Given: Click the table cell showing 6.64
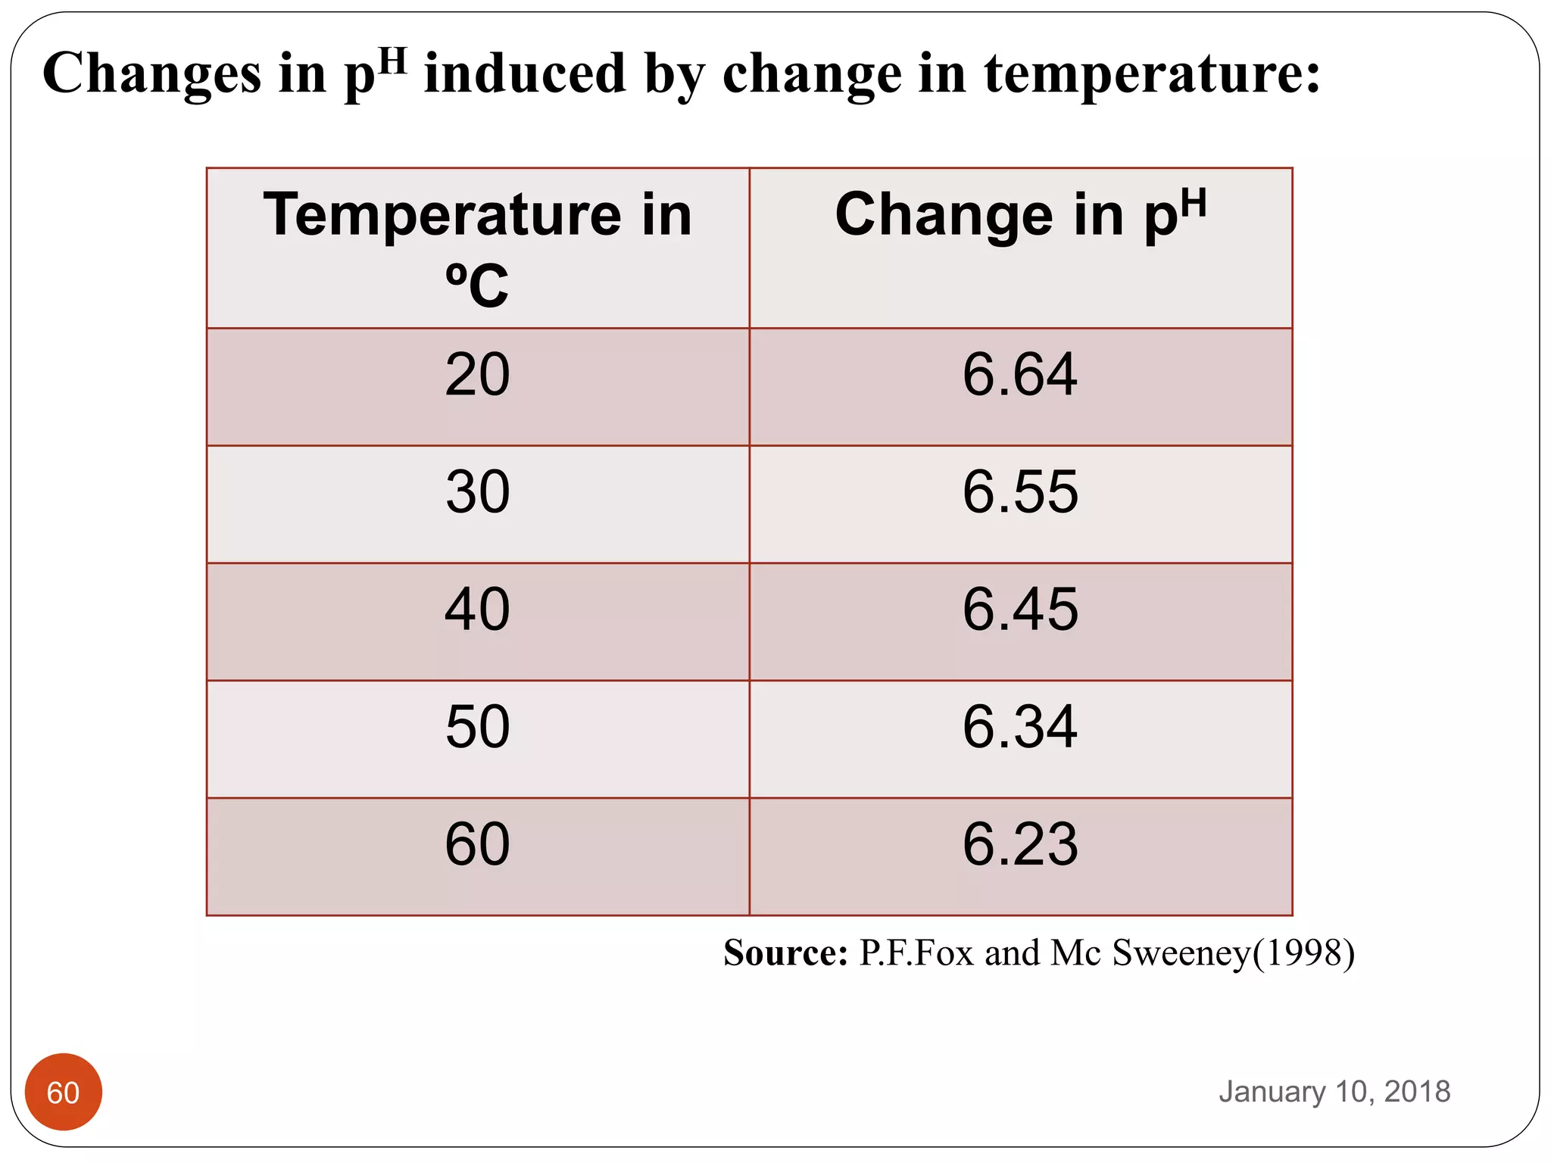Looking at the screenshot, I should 1019,375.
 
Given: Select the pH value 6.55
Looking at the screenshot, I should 1019,492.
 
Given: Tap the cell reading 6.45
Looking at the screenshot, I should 1019,610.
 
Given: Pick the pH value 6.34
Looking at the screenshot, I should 1019,727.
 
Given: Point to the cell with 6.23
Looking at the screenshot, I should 1019,844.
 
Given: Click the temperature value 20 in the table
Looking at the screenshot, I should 477,375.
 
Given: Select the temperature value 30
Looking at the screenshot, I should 477,492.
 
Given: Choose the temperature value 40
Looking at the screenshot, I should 477,610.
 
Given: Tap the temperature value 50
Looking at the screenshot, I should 477,727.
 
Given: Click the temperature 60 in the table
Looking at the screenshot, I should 477,844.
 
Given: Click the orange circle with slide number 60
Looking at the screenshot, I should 64,1092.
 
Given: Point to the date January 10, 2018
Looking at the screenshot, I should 1334,1092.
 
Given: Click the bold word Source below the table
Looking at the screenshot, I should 785,953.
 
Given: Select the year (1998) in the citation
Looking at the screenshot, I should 1303,953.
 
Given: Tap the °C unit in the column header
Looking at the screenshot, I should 477,286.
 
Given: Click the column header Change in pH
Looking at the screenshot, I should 1019,216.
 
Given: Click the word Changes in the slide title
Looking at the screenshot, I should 151,74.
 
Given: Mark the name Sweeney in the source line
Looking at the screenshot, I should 1181,953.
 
